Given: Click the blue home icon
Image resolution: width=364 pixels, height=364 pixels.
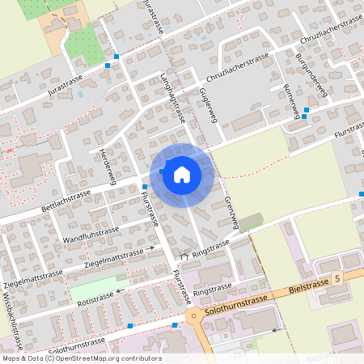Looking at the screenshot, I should [181, 173].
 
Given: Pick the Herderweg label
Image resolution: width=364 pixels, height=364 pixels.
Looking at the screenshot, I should [108, 167].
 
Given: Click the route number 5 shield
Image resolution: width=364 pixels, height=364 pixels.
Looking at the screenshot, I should [336, 277].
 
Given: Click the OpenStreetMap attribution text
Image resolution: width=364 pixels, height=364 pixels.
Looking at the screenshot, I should [71, 358].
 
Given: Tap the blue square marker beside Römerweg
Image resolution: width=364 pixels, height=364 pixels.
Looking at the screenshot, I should [305, 116].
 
